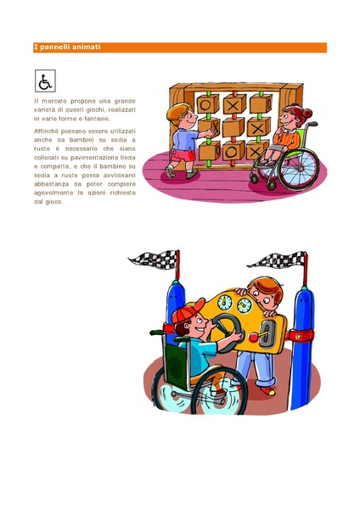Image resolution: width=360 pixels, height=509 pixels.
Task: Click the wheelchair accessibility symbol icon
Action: click(x=45, y=81)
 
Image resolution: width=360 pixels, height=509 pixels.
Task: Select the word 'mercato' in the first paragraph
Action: click(x=54, y=101)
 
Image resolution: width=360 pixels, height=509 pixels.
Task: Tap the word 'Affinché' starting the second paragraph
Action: click(x=46, y=131)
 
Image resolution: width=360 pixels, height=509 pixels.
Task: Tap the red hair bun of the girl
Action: click(x=307, y=114)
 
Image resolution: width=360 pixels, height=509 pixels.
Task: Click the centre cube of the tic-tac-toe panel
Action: click(x=233, y=127)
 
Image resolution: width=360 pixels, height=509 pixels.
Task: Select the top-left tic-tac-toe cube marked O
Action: click(x=208, y=103)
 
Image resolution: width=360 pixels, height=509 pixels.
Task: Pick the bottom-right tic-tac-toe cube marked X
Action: click(x=256, y=150)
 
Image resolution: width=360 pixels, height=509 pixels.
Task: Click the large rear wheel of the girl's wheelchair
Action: click(x=299, y=169)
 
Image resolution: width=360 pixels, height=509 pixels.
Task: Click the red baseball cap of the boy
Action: click(x=188, y=312)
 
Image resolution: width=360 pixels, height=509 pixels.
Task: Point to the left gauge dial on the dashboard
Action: click(x=225, y=302)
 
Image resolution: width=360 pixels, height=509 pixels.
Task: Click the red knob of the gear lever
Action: click(x=253, y=338)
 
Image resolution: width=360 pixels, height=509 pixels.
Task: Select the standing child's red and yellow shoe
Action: click(x=268, y=390)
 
